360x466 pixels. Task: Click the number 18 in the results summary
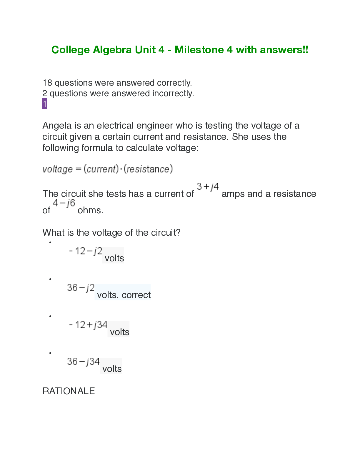[47, 83]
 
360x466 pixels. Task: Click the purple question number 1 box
[45, 104]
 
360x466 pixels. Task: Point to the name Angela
[57, 126]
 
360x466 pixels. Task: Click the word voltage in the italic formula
[57, 169]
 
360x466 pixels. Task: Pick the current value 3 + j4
[208, 187]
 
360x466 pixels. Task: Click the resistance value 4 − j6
[64, 203]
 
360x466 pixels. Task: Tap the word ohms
[90, 210]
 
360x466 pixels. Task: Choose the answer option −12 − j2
[86, 251]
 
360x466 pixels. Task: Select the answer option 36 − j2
[81, 287]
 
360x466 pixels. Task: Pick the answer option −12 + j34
[88, 325]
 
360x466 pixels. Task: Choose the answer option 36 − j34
[84, 361]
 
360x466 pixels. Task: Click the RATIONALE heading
[69, 391]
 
